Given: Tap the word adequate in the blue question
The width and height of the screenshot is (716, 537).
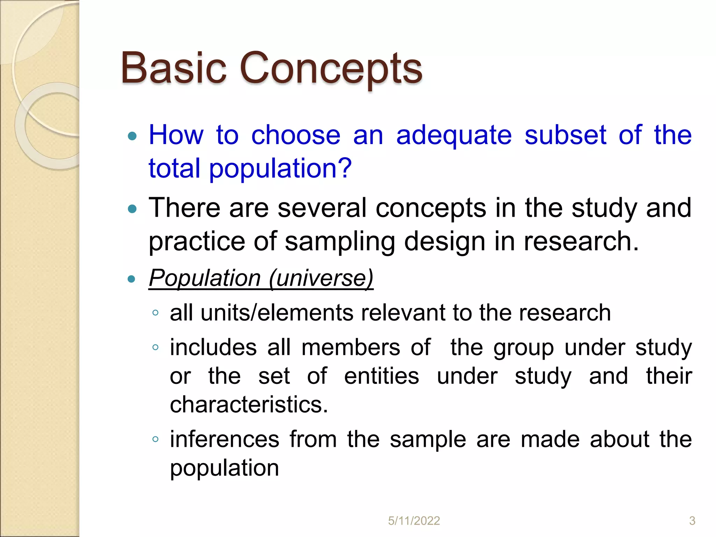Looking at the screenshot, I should [454, 136].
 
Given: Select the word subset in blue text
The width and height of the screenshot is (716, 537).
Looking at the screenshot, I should [565, 135].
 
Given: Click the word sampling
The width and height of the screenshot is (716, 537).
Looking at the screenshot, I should [340, 242].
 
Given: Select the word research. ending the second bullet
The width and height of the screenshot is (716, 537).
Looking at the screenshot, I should [581, 241].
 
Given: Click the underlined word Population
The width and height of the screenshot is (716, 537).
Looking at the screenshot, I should [205, 278].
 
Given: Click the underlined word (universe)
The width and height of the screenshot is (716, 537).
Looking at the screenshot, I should [321, 278].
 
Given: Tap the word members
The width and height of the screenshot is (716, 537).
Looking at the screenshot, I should [351, 348].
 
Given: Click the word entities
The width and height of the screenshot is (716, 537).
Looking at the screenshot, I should [381, 376].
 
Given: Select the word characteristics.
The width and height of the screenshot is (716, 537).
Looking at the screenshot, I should [249, 405].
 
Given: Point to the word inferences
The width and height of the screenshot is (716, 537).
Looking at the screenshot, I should [225, 439].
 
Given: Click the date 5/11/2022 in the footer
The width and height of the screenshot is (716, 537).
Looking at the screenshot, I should [414, 521].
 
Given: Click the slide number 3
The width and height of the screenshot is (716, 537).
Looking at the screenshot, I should [692, 521].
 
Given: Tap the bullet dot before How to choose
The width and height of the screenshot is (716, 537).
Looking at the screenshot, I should [132, 136].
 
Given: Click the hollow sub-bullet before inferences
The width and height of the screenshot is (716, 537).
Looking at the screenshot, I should [156, 439].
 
